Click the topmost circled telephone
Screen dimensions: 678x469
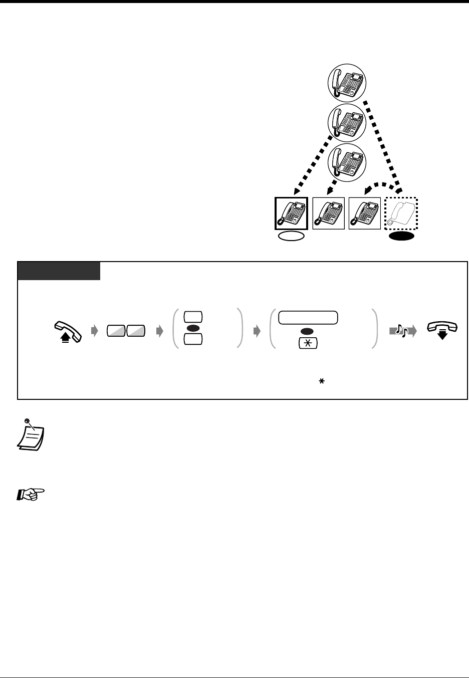(347, 83)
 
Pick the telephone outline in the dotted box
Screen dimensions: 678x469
(400, 213)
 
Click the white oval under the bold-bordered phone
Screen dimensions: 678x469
(291, 237)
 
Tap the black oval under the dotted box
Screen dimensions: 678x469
(400, 237)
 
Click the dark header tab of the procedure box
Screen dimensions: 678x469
(59, 271)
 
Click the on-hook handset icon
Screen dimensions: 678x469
(440, 330)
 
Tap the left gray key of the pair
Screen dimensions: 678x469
(116, 331)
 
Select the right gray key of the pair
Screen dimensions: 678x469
(136, 331)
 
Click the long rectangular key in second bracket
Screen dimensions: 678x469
(308, 317)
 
